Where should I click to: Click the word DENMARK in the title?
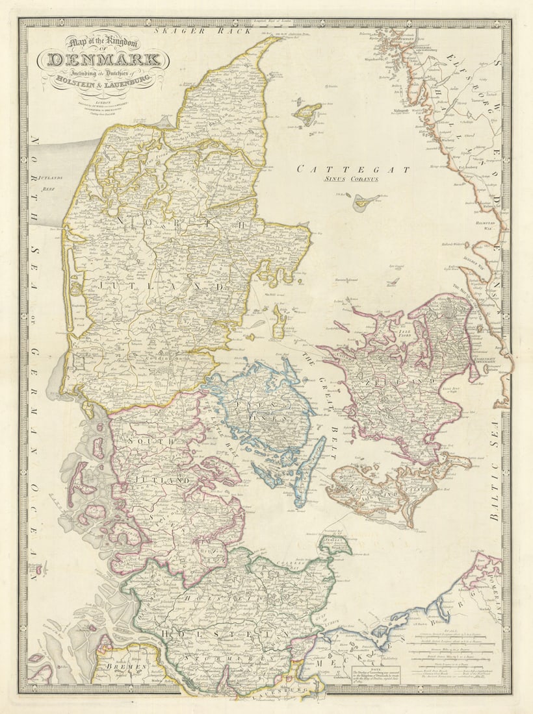pos(103,61)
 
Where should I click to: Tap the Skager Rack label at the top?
pos(194,31)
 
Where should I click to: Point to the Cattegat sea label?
pos(353,169)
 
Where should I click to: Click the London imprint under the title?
pos(102,101)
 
